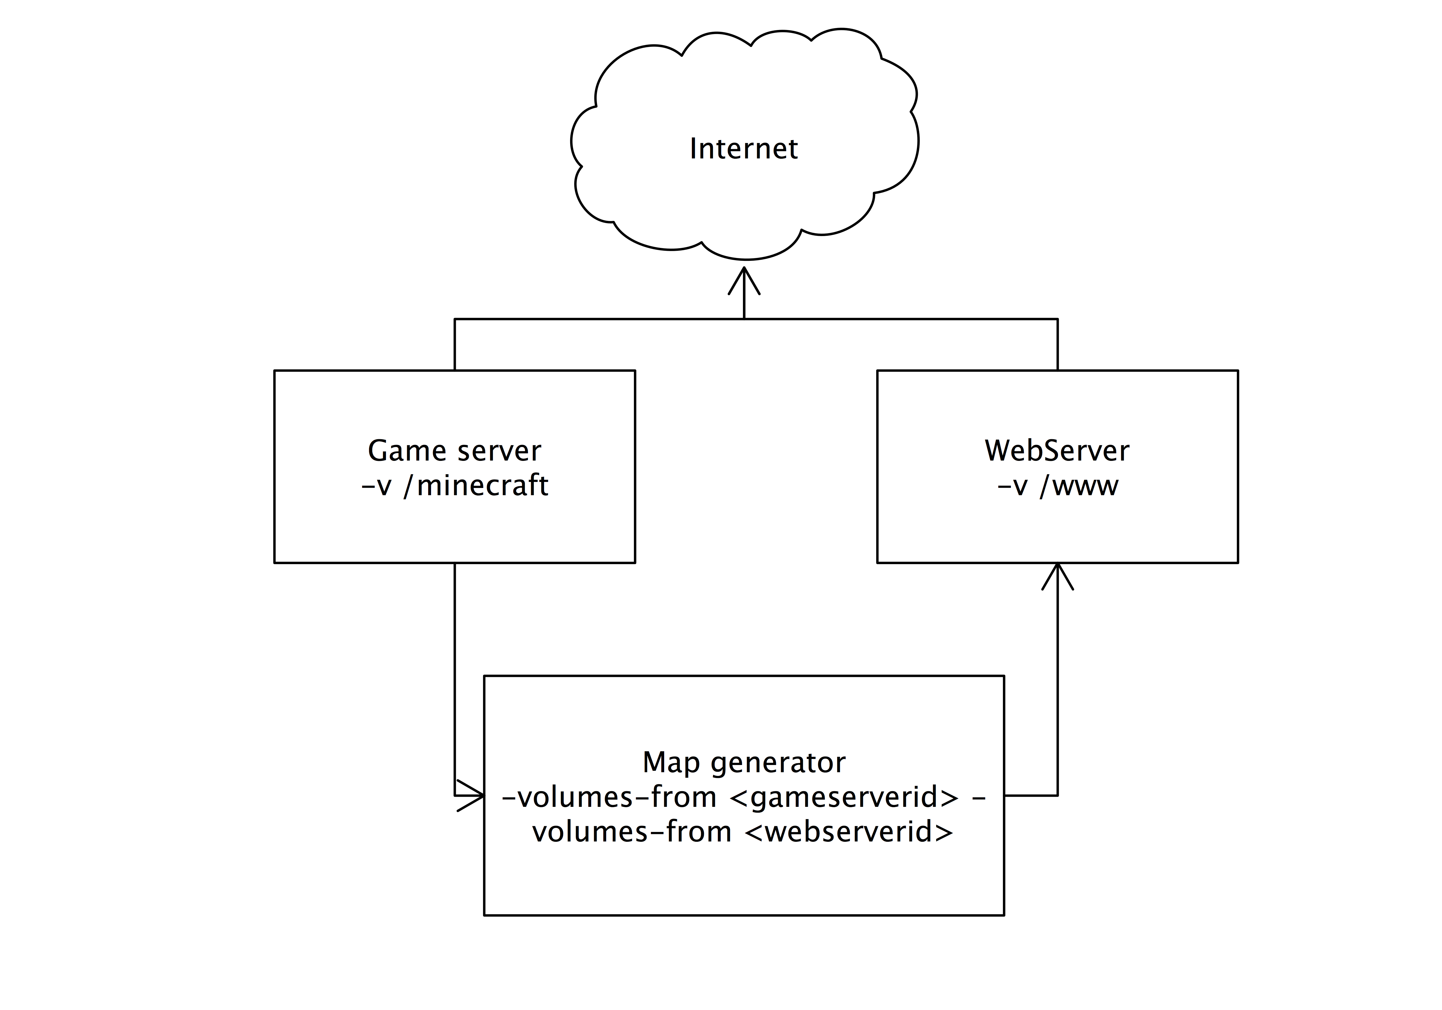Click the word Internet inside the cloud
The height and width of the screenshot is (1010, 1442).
point(744,149)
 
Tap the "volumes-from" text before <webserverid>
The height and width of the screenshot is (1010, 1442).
point(632,832)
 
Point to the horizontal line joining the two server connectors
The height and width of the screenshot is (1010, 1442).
point(756,319)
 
